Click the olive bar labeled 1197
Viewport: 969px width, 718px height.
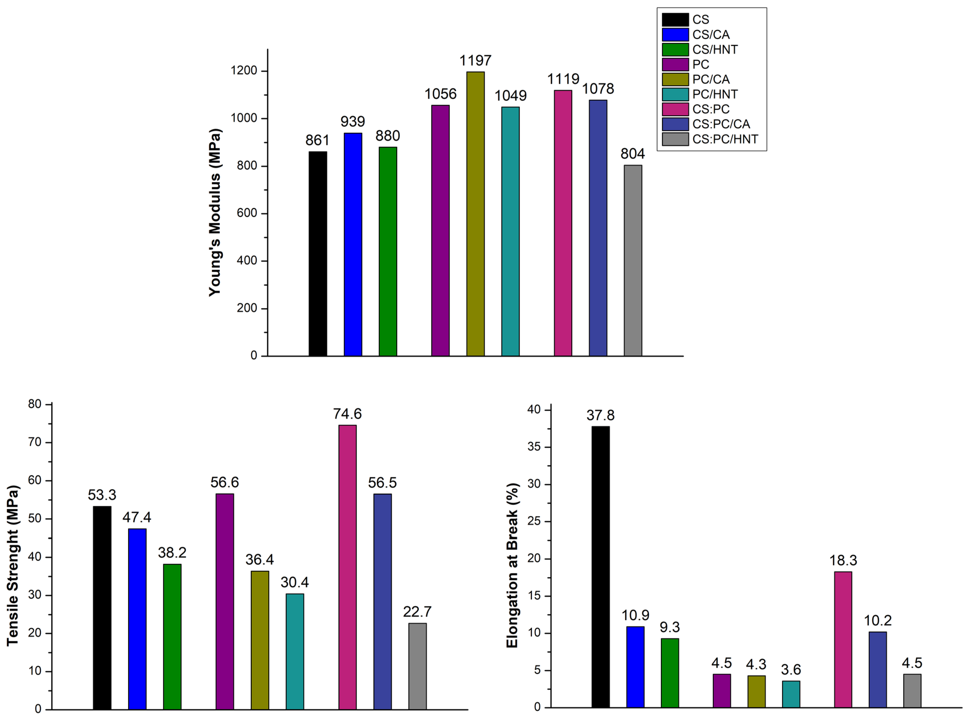(x=475, y=214)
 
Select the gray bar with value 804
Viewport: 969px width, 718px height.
(x=633, y=261)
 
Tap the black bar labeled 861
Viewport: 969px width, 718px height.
(x=318, y=254)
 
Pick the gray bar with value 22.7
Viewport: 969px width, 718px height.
(x=417, y=666)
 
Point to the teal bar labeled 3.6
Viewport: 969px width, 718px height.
(x=791, y=694)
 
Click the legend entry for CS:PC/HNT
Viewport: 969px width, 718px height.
(x=725, y=139)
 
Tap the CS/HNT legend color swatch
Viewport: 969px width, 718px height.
(x=675, y=50)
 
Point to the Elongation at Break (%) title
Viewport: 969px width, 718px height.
(x=512, y=565)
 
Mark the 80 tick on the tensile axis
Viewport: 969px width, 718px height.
(x=35, y=404)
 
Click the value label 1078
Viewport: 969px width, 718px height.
(x=598, y=89)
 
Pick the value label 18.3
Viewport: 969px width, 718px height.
(x=843, y=560)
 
